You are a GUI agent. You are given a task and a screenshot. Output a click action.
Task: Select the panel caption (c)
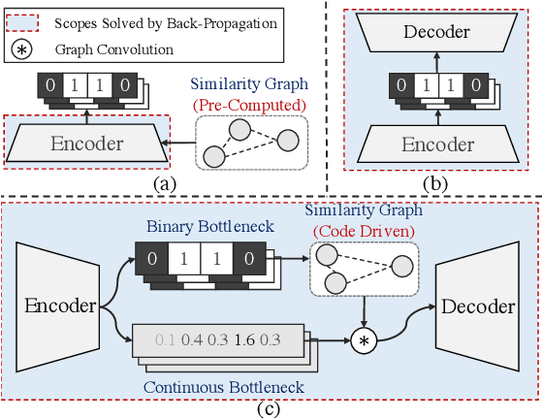pyautogui.click(x=269, y=408)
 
